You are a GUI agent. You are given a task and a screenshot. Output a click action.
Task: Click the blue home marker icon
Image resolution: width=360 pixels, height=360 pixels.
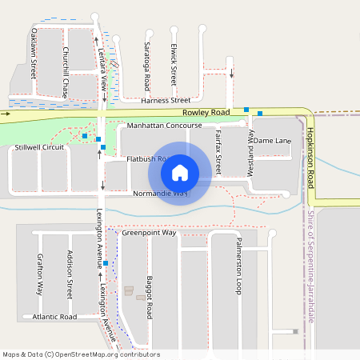[180, 173]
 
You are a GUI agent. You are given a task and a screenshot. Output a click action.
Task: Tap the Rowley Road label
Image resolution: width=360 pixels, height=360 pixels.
[206, 113]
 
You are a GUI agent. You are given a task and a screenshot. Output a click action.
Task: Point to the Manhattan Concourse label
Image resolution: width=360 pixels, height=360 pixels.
[165, 126]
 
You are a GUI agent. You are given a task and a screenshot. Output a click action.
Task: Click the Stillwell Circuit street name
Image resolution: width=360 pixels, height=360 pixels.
[39, 147]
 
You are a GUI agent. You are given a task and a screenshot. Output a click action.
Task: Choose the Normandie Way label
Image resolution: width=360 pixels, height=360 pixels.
[160, 194]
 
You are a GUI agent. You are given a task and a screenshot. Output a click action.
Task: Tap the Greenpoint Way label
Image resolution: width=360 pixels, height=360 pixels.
[148, 233]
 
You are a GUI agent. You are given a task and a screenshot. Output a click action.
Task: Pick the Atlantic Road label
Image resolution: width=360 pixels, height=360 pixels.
[54, 317]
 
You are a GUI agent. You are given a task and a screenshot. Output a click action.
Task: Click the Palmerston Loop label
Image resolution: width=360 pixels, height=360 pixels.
[238, 266]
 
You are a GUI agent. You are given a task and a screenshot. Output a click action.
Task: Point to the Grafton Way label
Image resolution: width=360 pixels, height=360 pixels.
[39, 274]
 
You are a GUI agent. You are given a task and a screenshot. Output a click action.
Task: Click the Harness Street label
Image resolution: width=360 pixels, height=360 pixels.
[166, 101]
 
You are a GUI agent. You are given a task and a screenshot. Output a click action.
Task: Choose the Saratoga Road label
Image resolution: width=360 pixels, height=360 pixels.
[147, 66]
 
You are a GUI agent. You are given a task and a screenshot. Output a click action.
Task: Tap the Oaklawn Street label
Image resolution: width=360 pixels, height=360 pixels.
[34, 53]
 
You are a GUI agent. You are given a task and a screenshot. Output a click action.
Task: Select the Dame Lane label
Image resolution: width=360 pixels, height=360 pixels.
[273, 141]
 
